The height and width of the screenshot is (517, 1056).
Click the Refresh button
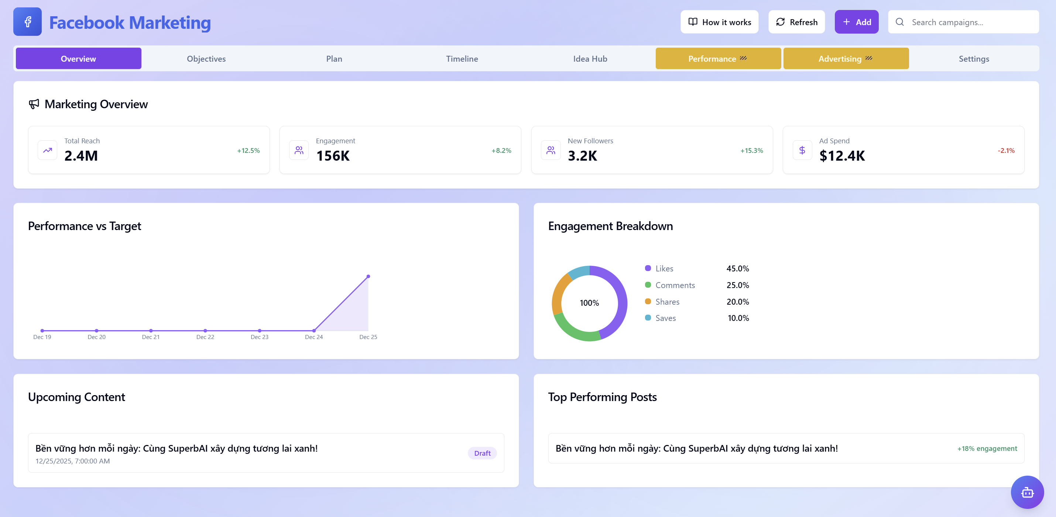(796, 22)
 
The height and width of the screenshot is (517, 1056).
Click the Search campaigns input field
(967, 22)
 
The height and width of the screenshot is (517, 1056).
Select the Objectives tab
(206, 59)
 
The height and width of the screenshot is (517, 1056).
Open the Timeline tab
(462, 59)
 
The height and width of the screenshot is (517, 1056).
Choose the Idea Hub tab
(590, 59)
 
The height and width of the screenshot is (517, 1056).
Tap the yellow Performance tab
(717, 59)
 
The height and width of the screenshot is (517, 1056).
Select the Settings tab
(973, 59)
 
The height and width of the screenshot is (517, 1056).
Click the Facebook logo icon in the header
(27, 22)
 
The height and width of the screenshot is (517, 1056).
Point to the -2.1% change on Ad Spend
(1005, 150)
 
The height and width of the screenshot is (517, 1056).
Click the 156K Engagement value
(332, 156)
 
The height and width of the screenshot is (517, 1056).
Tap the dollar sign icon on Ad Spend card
(802, 150)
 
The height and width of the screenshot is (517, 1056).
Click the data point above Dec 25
(368, 276)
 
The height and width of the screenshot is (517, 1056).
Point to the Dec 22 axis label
(205, 337)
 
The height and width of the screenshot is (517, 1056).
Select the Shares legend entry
(667, 302)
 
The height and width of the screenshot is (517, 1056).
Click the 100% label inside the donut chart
(589, 303)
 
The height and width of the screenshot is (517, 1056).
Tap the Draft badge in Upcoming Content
(482, 453)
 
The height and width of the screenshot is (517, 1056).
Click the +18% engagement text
(986, 449)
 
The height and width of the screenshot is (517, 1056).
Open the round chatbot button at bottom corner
(1027, 492)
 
